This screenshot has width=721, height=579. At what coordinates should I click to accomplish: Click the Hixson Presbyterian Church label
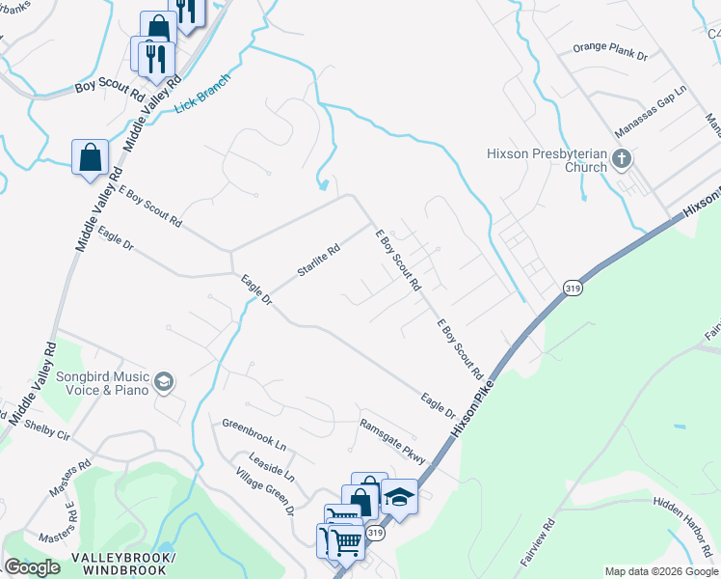(547, 159)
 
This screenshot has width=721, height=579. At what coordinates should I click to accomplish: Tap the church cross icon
(622, 157)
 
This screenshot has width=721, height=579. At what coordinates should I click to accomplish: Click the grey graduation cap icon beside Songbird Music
(163, 383)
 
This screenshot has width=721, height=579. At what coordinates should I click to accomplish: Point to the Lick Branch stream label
(204, 93)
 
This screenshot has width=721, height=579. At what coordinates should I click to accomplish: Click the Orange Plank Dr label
(609, 51)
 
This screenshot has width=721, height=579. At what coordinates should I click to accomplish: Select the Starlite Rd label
(319, 262)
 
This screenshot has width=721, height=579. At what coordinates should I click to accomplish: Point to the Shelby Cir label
(47, 428)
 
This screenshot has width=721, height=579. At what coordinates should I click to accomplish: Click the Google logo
(32, 567)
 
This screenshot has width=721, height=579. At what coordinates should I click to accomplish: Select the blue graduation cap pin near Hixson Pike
(399, 498)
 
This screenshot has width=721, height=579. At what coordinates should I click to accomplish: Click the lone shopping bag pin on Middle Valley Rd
(90, 157)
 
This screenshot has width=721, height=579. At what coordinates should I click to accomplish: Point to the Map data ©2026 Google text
(661, 571)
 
